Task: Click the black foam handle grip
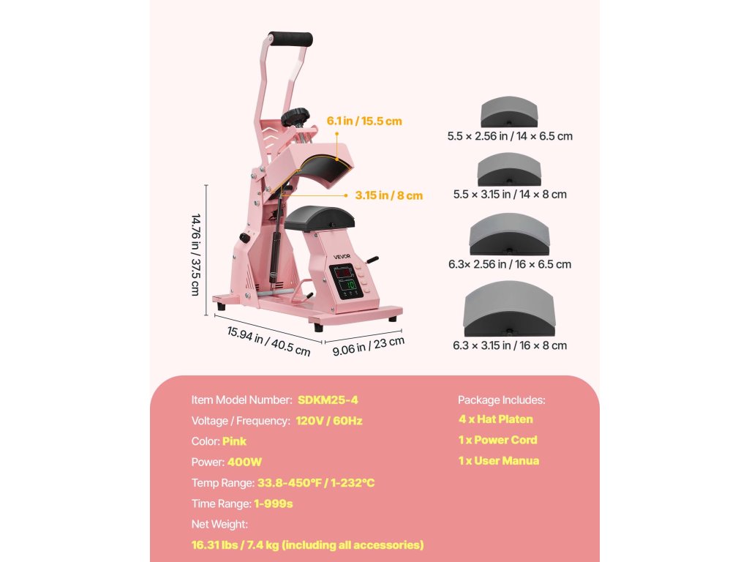[x=290, y=40]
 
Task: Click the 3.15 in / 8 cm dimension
[x=389, y=195]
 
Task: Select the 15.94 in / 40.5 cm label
[x=268, y=340]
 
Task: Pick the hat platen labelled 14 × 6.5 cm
[x=509, y=113]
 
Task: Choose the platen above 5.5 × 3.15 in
[x=509, y=170]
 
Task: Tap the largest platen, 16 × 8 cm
[x=509, y=312]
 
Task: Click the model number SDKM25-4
[x=328, y=400]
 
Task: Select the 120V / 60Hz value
[x=329, y=421]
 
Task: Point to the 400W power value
[x=244, y=462]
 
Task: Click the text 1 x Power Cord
[x=497, y=440]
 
